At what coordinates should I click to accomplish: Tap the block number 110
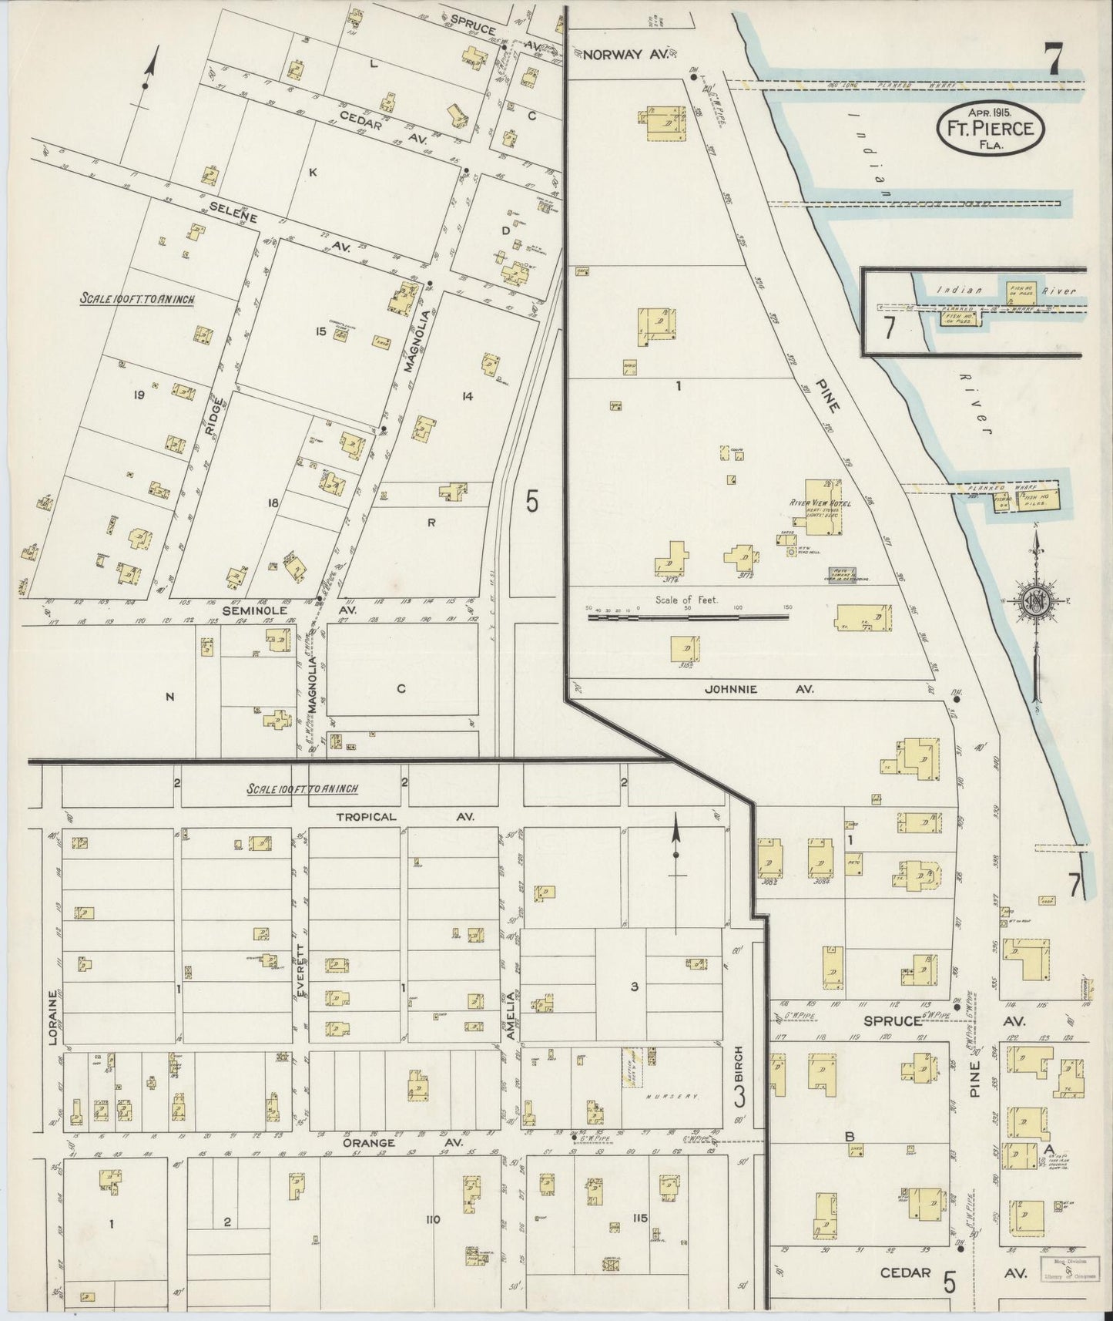(431, 1219)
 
